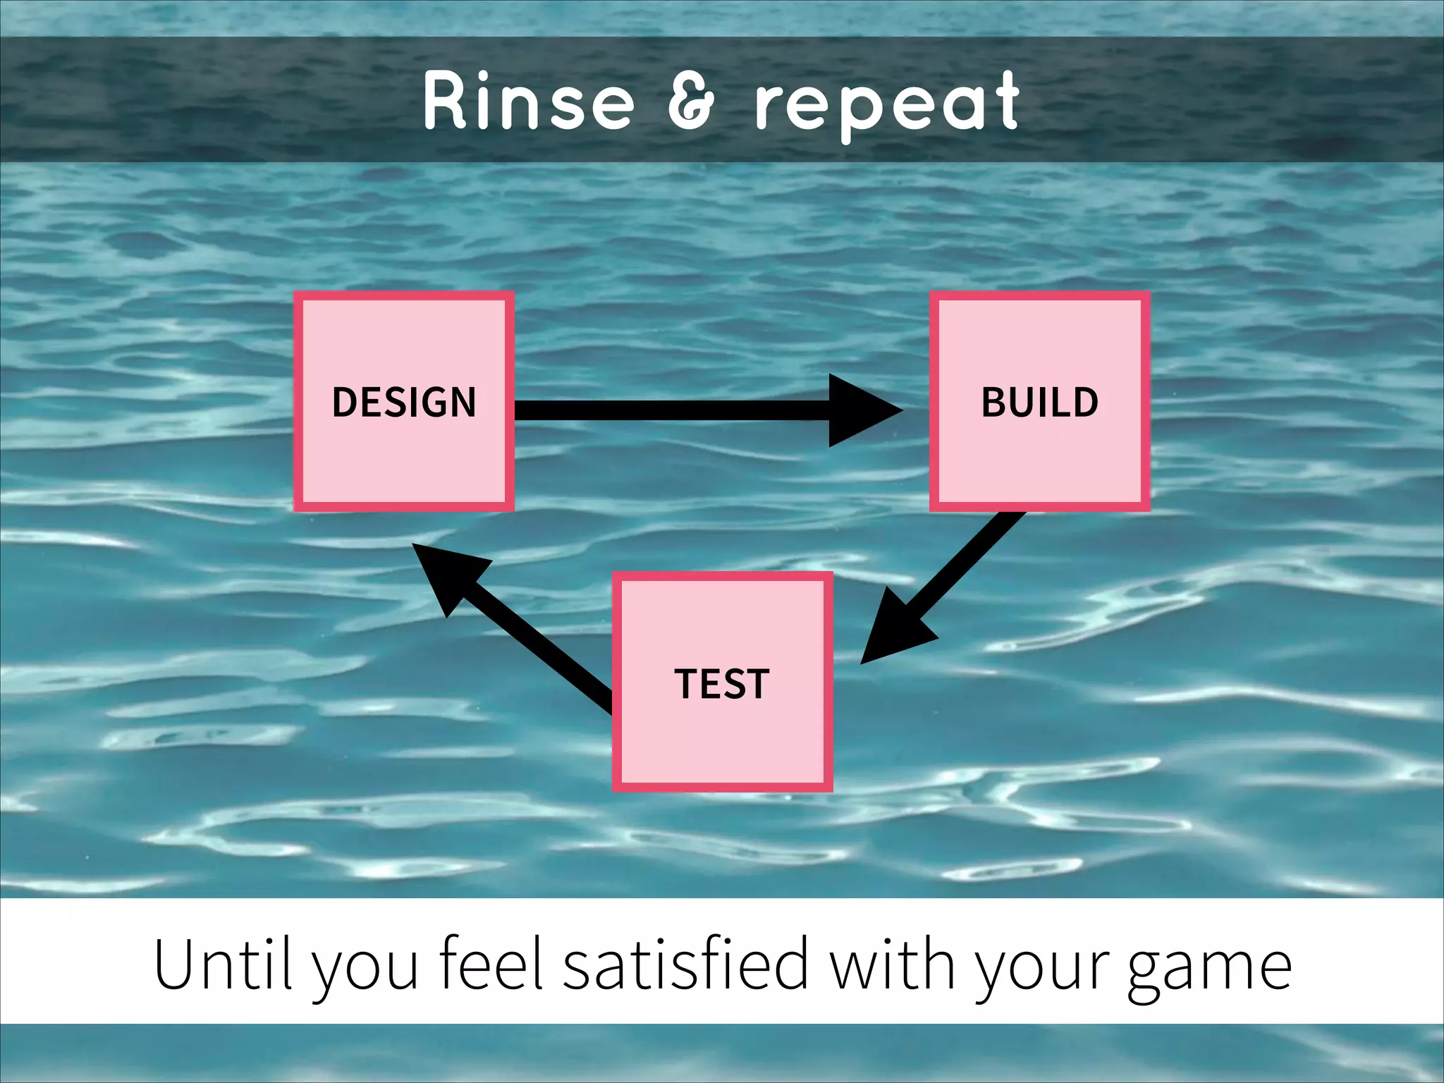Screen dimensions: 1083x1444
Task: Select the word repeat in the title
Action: click(887, 104)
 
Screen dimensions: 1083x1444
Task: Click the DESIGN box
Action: click(404, 401)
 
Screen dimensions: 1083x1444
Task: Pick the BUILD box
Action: click(1039, 401)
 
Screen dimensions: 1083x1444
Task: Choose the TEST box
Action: click(722, 682)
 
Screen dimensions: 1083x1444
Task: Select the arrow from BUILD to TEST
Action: click(959, 571)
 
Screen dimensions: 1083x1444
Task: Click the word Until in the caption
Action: click(222, 964)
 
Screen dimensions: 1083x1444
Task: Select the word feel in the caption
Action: click(491, 964)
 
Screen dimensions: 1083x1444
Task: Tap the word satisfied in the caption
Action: click(685, 964)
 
